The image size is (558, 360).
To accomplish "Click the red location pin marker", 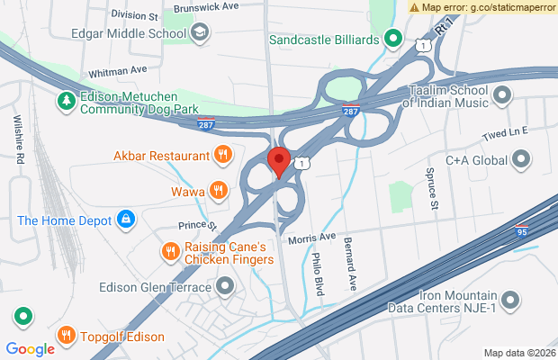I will [278, 162].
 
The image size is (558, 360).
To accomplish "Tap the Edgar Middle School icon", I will [200, 33].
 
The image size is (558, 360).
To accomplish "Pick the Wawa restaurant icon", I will [218, 191].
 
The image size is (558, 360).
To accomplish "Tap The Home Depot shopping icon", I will [127, 220].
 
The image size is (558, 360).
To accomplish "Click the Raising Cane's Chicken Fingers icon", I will [168, 253].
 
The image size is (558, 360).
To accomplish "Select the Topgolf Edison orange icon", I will [66, 337].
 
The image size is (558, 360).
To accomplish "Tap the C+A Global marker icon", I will [520, 161].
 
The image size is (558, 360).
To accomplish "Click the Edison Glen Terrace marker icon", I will [225, 287].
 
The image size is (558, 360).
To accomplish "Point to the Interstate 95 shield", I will [523, 231].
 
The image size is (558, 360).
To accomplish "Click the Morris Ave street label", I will [311, 238].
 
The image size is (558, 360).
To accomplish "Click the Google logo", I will [30, 349].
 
